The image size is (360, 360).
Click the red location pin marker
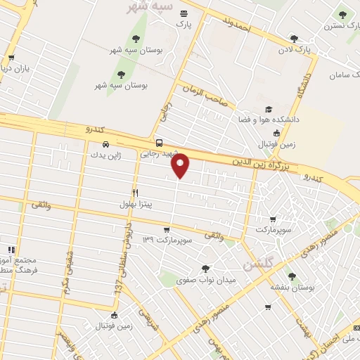[x=181, y=165]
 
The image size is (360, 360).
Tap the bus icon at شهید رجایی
[x=160, y=140]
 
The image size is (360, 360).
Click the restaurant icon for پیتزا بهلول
[x=135, y=191]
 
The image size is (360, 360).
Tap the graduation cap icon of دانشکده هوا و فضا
[x=269, y=110]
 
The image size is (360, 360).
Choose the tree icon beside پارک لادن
[x=293, y=39]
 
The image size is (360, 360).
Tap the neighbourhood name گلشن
[x=257, y=265]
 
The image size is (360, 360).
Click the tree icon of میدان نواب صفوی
[x=205, y=268]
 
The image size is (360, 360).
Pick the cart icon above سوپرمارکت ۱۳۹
[x=167, y=229]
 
